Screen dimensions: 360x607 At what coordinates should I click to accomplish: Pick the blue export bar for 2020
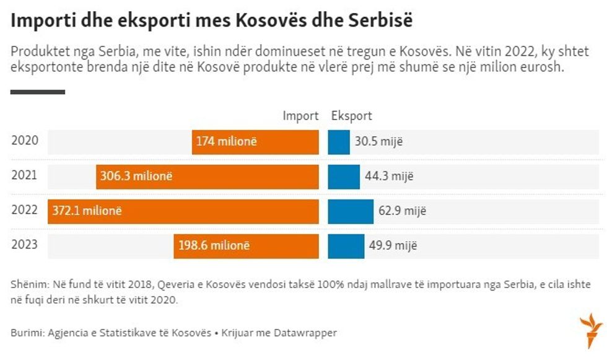339,142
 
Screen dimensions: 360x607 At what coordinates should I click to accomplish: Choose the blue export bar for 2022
351,211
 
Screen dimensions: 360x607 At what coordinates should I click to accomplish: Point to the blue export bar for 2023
346,246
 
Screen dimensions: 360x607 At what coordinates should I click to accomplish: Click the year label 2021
24,175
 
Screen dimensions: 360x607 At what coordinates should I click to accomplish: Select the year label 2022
24,210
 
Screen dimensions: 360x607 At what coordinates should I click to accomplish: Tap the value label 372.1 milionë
87,211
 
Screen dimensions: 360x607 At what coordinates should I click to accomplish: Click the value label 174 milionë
226,142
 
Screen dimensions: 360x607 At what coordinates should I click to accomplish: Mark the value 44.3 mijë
389,177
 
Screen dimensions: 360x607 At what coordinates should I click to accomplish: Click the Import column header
300,116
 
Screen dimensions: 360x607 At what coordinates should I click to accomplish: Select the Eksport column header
351,116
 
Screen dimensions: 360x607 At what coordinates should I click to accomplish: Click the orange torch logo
590,330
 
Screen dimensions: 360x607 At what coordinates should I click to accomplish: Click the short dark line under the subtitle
38,92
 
